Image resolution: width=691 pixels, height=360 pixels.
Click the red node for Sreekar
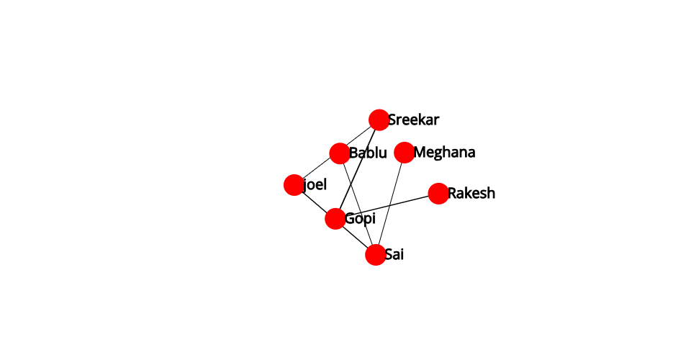point(379,120)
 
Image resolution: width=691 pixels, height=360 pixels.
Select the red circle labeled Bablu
point(340,153)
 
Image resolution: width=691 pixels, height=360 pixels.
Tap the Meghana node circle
point(404,153)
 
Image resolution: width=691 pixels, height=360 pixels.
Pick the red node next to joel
point(294,184)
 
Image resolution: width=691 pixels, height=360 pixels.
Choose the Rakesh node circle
point(438,194)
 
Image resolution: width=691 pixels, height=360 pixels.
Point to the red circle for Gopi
point(335,219)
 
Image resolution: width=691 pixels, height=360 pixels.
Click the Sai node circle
point(376,255)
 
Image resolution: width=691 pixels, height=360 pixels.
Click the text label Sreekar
point(413,120)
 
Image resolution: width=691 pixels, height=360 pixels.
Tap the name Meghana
point(444,153)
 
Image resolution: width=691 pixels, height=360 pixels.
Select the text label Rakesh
point(471,193)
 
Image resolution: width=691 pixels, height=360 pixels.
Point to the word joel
point(315,184)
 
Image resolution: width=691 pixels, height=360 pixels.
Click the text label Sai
point(394,254)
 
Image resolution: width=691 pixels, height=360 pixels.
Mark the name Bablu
point(368,153)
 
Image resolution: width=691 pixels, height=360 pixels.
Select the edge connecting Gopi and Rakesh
point(387,206)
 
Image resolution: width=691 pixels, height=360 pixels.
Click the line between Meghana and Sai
point(390,204)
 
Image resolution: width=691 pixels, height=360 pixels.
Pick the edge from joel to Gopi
point(315,202)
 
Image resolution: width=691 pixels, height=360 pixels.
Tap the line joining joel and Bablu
point(317,169)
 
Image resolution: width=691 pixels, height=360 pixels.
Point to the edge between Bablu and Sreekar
point(360,137)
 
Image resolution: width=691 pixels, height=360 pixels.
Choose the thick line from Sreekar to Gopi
point(358,170)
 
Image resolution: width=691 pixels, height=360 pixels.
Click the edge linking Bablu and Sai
point(358,204)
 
